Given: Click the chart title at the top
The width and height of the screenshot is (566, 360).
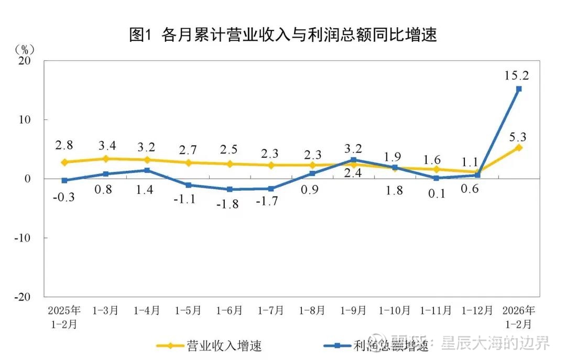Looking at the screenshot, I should click(x=283, y=35).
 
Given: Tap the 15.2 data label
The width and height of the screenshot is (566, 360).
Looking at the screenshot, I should click(x=516, y=75).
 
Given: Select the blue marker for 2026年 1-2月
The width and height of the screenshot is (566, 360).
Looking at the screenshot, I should click(x=519, y=89).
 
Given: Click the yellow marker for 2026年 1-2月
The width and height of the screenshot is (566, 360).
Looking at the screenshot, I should click(x=519, y=147).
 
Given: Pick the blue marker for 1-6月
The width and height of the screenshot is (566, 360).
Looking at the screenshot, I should click(x=230, y=189).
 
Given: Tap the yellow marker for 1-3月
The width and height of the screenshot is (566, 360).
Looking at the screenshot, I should click(x=106, y=158).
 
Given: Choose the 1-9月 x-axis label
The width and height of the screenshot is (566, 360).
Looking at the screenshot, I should click(x=353, y=310).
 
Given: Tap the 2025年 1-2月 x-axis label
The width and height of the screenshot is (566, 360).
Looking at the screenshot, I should click(x=64, y=317).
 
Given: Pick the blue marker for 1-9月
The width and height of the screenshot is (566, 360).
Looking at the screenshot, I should click(x=353, y=160).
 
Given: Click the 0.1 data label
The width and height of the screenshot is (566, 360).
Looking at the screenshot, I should click(x=436, y=193).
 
